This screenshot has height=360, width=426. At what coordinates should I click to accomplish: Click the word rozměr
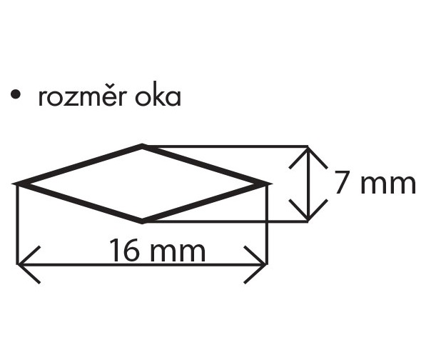coord(83,96)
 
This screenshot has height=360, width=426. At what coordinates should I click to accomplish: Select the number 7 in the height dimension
coord(344,183)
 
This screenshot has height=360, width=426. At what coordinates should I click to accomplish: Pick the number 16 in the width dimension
coord(123,251)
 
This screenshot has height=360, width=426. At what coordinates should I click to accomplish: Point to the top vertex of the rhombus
coord(143,146)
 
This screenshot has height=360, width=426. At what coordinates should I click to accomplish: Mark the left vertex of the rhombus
coord(19,184)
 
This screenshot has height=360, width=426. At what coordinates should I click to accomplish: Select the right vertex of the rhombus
coord(267,184)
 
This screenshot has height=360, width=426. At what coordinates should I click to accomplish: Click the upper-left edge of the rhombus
coord(80,166)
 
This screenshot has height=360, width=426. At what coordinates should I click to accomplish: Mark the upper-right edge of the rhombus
coord(206,165)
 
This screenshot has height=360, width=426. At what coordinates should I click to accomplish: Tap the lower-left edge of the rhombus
coord(80,203)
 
